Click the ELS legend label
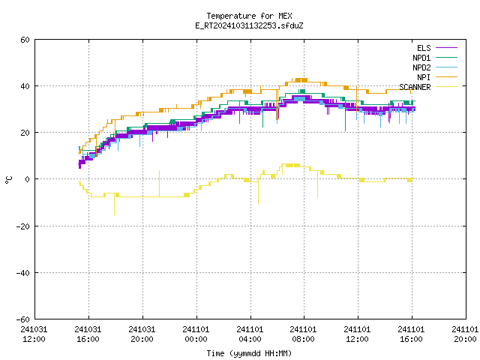click(x=424, y=48)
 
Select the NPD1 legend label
click(x=421, y=58)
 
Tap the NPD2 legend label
click(x=421, y=67)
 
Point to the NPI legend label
click(x=424, y=77)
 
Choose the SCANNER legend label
click(x=415, y=87)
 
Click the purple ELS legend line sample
click(x=446, y=48)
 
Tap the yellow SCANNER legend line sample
click(x=446, y=87)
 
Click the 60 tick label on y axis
click(x=25, y=40)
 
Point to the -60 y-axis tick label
click(x=23, y=319)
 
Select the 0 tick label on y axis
click(x=28, y=179)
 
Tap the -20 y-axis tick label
click(x=23, y=226)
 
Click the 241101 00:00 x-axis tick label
click(x=196, y=334)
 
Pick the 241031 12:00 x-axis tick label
click(x=34, y=334)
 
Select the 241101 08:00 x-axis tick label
click(x=303, y=334)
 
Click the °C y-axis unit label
click(x=8, y=180)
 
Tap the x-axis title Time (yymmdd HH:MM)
click(x=249, y=353)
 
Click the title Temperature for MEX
click(x=249, y=16)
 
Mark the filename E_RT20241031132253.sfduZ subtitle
click(x=249, y=25)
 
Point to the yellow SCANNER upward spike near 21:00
click(x=159, y=183)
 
